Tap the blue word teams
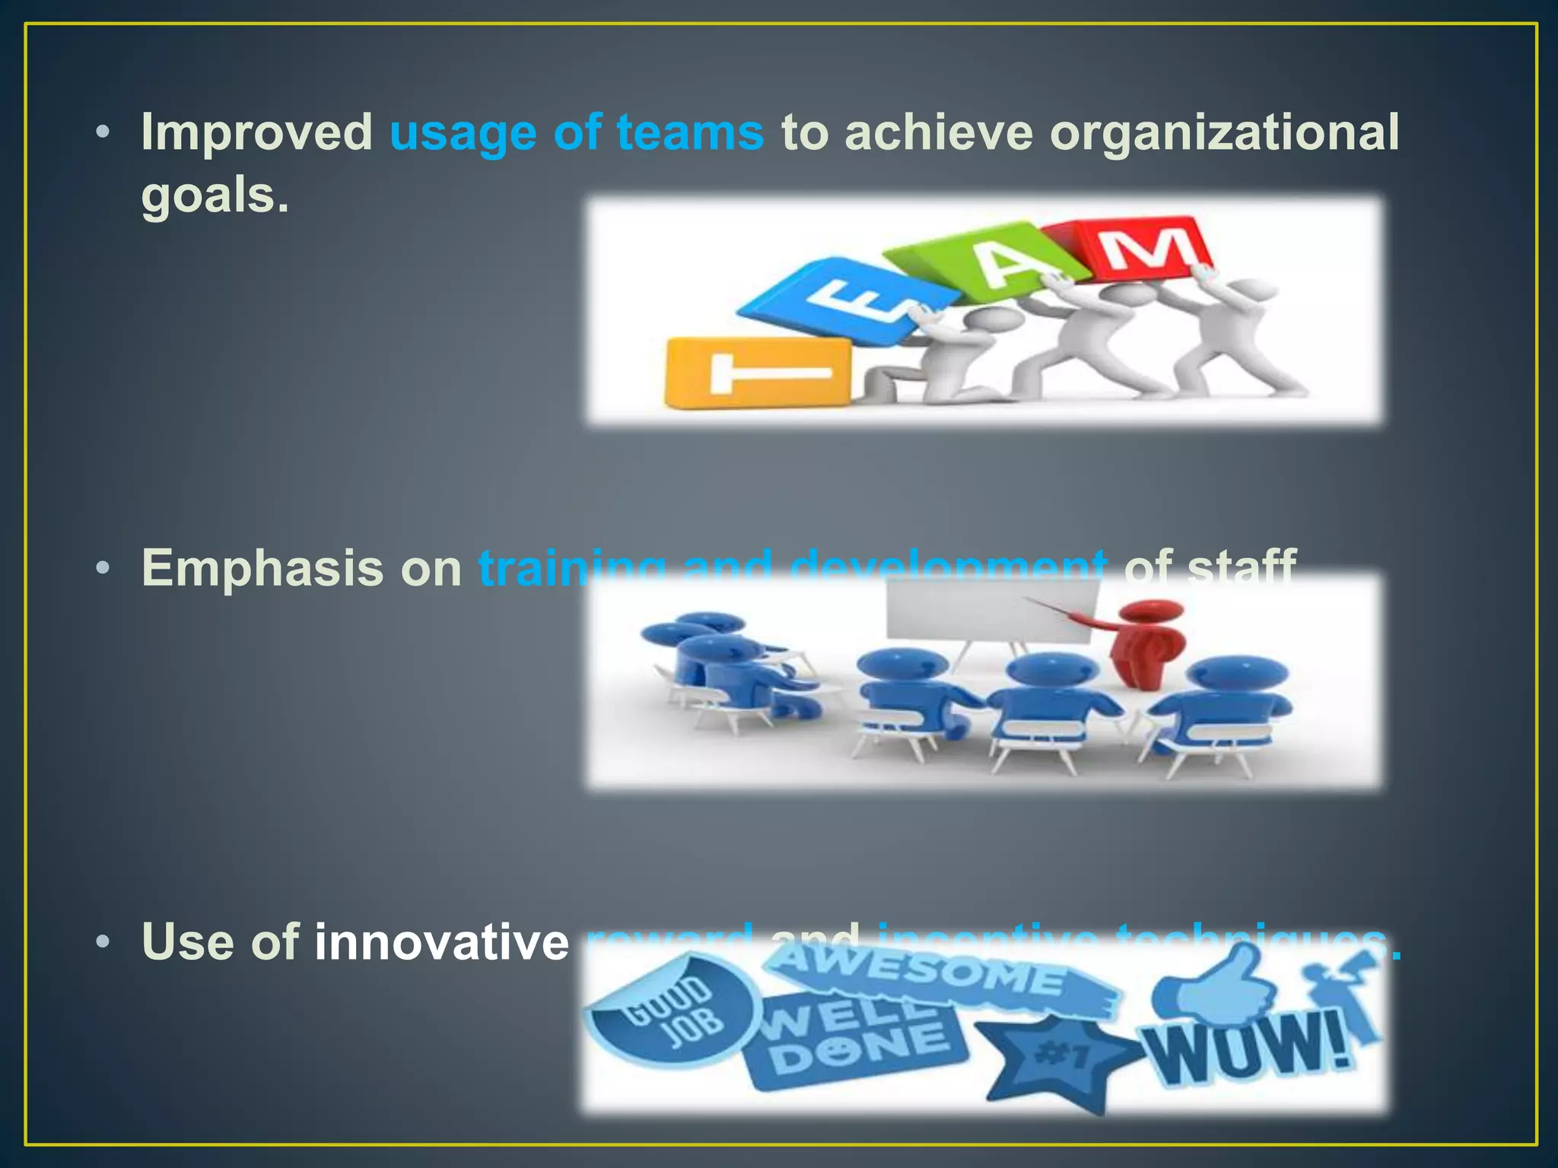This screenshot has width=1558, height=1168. coord(689,133)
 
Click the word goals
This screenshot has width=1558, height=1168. coord(215,195)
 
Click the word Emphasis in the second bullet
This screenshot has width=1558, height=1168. coord(263,568)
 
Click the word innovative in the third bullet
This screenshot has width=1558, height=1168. coord(441,942)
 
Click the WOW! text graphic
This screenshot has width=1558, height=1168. coord(1248,1049)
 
